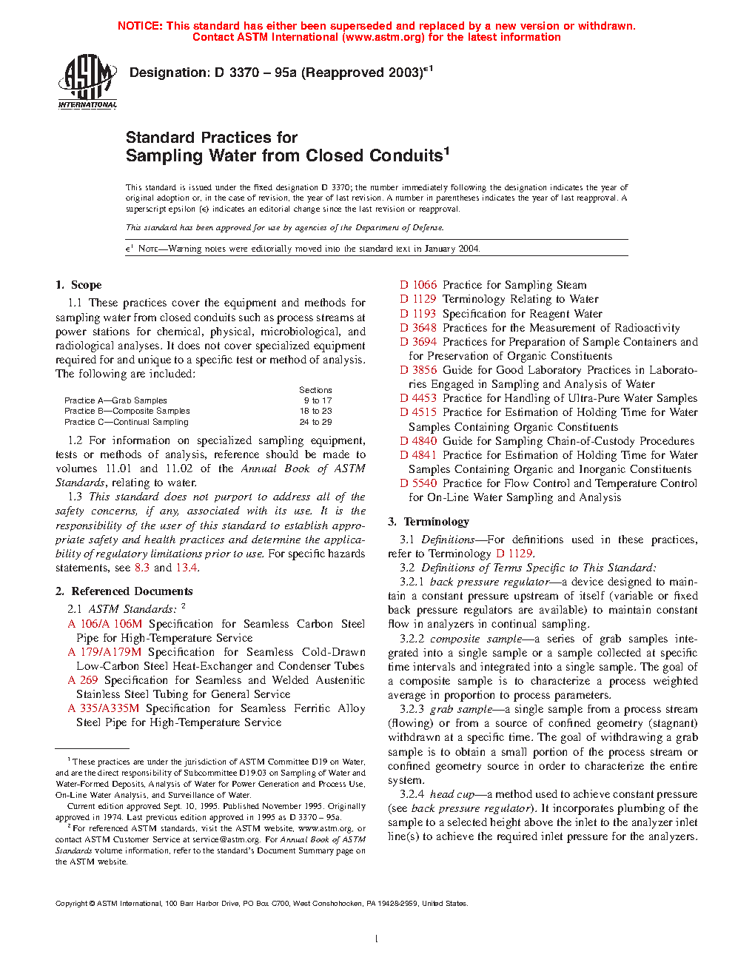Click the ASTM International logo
tap(87, 81)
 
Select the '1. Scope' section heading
tap(78, 285)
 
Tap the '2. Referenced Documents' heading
tap(124, 591)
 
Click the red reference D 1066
tap(419, 285)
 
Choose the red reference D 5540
tap(419, 483)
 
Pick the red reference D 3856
tap(419, 370)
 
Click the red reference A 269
tap(83, 680)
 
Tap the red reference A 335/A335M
tap(104, 708)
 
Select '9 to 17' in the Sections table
tap(316, 400)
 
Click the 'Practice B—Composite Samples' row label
tap(127, 411)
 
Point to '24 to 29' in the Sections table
tap(315, 422)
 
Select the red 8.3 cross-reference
tap(142, 568)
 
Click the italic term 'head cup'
tap(452, 794)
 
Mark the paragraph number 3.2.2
tap(412, 639)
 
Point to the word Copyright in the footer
tap(72, 904)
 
